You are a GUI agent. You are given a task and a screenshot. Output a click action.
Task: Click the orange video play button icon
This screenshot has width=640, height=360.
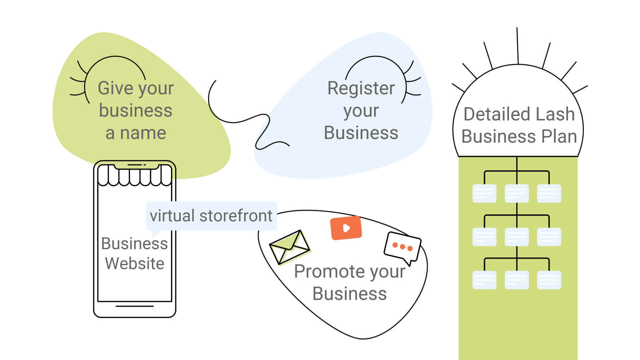tap(346, 228)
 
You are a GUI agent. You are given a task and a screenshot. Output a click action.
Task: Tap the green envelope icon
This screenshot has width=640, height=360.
tap(290, 247)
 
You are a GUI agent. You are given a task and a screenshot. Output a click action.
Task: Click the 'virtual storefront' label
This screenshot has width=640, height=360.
tap(211, 216)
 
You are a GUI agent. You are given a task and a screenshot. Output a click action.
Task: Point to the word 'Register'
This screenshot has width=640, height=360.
tap(361, 88)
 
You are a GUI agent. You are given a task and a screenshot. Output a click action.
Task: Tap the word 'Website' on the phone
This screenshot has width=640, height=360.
tap(135, 263)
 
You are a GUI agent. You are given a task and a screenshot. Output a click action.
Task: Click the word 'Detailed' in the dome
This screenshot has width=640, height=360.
tap(492, 114)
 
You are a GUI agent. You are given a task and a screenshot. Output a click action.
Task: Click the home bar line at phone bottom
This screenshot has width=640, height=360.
tap(135, 306)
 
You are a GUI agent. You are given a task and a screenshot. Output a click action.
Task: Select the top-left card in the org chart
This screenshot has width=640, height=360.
tap(484, 193)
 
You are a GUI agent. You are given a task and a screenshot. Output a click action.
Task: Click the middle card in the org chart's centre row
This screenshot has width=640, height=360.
tap(517, 237)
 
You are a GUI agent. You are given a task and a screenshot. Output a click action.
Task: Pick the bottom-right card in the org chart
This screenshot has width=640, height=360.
tap(549, 280)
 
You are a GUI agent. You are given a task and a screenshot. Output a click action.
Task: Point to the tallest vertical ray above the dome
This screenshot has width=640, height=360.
tap(518, 46)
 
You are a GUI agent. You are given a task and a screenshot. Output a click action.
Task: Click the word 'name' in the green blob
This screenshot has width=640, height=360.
tap(143, 133)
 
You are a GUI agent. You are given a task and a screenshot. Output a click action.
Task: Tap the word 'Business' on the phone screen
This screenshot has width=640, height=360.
tap(135, 243)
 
